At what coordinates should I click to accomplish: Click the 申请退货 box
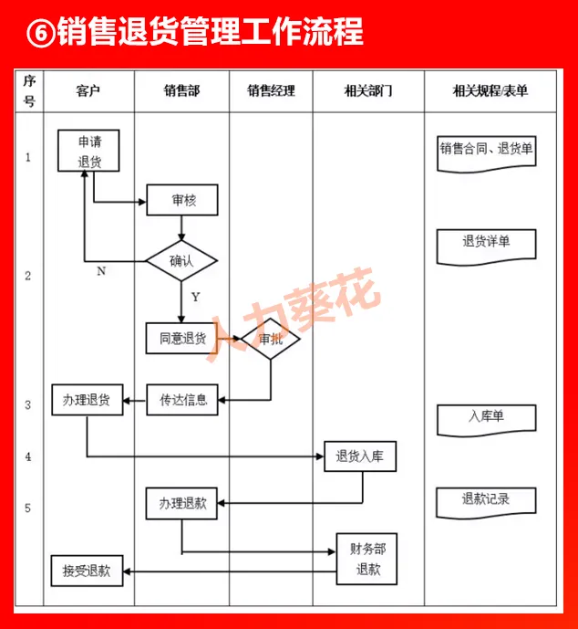point(88,151)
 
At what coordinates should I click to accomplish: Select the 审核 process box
point(182,200)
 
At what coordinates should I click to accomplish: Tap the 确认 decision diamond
point(181,261)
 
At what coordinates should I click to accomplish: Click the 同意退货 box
point(182,338)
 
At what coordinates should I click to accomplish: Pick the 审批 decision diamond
point(270,339)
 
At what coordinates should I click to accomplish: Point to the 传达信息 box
point(182,400)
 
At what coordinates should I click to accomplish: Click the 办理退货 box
point(87,400)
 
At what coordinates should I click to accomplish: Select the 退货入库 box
point(360,456)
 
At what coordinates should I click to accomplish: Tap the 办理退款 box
point(182,503)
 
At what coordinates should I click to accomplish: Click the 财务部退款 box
point(368,560)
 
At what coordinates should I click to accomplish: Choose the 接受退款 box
point(87,571)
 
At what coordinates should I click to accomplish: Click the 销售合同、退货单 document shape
point(485,149)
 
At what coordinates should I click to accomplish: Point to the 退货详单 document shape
point(485,243)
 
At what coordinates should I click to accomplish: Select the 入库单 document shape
point(485,417)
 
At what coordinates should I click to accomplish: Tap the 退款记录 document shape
point(485,500)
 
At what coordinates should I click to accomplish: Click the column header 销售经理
point(271,90)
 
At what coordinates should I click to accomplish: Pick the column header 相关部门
point(368,90)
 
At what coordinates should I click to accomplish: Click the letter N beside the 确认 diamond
point(100,271)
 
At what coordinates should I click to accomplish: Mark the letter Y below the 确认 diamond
point(195,297)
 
